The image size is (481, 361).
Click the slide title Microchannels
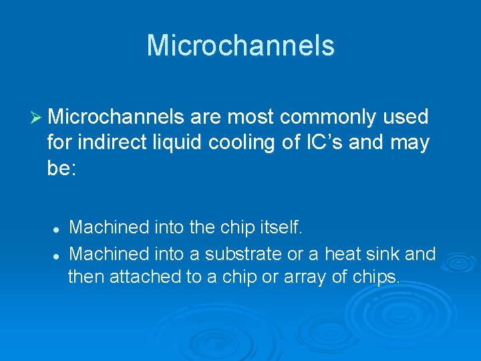(x=240, y=45)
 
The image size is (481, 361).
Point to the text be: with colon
(x=62, y=168)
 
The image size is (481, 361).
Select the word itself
(x=280, y=228)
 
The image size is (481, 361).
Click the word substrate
(x=245, y=253)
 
